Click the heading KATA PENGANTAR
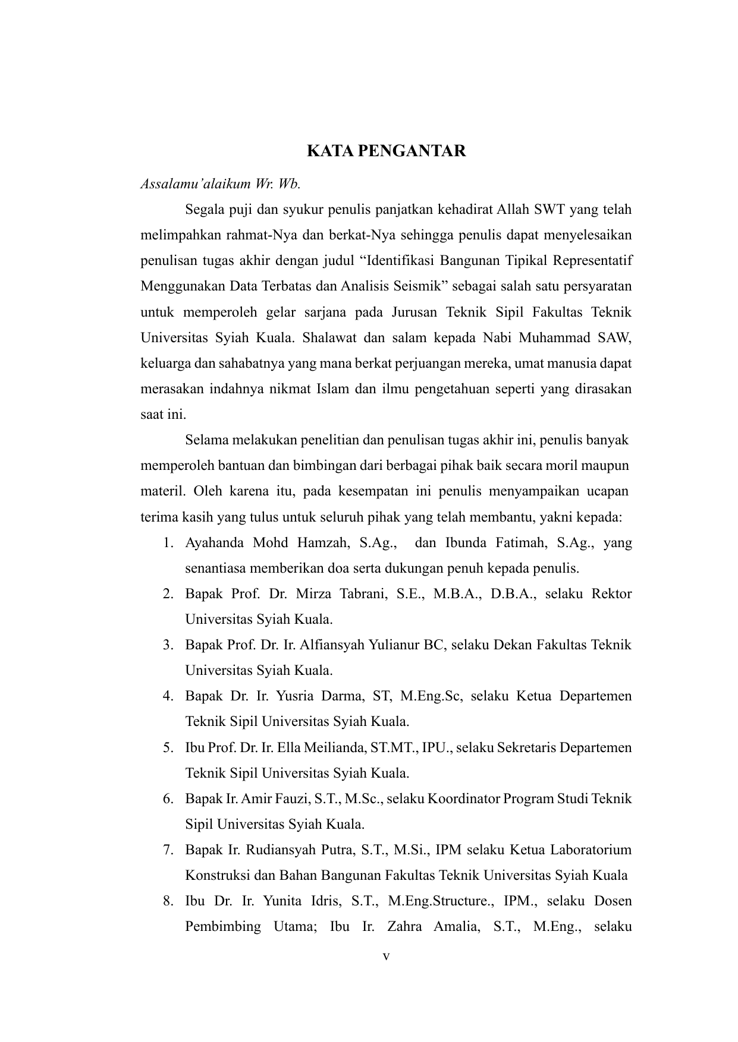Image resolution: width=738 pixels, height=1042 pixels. [386, 151]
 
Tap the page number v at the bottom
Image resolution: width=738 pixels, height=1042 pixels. [386, 956]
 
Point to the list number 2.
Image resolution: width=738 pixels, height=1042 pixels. [168, 593]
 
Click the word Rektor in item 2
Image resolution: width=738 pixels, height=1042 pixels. [611, 593]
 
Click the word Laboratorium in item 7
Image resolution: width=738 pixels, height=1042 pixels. [591, 849]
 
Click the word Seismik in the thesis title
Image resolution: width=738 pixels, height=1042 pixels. [415, 286]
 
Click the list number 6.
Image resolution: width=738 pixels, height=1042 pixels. [168, 798]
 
